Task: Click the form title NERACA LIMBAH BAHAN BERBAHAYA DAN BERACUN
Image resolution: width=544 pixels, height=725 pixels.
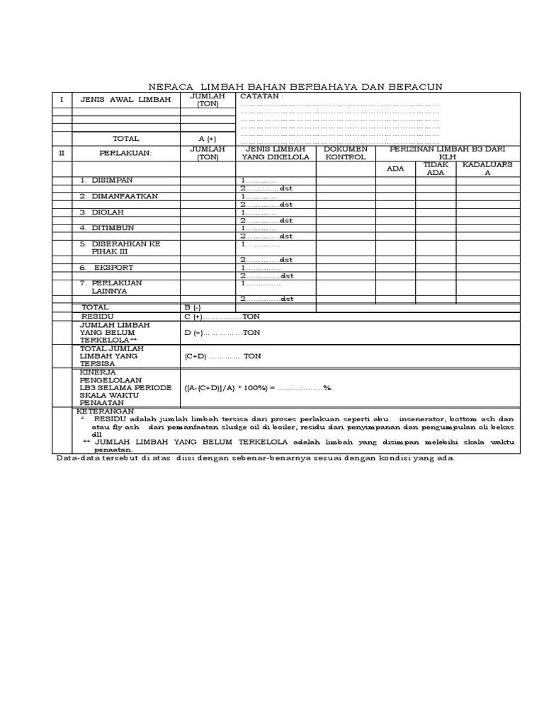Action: tap(295, 86)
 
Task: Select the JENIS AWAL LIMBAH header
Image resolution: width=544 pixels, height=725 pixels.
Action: tap(125, 100)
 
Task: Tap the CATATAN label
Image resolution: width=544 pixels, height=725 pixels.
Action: tap(261, 96)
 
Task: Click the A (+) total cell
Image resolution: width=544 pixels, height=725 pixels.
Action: tap(208, 139)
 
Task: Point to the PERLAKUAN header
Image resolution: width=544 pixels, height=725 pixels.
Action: tap(125, 153)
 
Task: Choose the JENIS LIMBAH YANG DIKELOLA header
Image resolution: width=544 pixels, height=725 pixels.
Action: tap(276, 153)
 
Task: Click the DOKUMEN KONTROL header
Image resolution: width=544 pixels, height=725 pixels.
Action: tap(345, 153)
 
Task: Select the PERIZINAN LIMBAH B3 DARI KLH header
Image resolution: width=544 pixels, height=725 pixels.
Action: tap(447, 153)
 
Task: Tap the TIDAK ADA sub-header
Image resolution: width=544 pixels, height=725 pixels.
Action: tap(436, 169)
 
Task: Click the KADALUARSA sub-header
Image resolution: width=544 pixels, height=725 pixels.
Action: tap(487, 169)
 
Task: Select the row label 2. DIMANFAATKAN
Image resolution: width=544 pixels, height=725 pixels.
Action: tap(119, 196)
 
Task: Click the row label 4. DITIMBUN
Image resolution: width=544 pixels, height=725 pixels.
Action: tap(107, 227)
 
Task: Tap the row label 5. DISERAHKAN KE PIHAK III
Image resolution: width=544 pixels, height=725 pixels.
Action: tap(120, 247)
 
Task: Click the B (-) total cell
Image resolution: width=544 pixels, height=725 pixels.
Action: tap(193, 307)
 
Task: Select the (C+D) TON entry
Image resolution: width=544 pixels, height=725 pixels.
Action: tap(222, 356)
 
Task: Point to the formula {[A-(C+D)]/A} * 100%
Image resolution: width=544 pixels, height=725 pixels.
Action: tap(258, 388)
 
